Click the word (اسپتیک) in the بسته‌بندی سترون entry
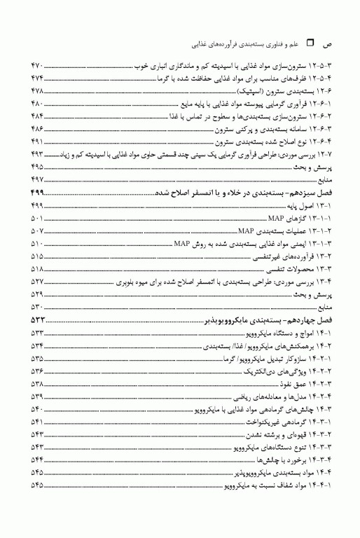tap(256, 91)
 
